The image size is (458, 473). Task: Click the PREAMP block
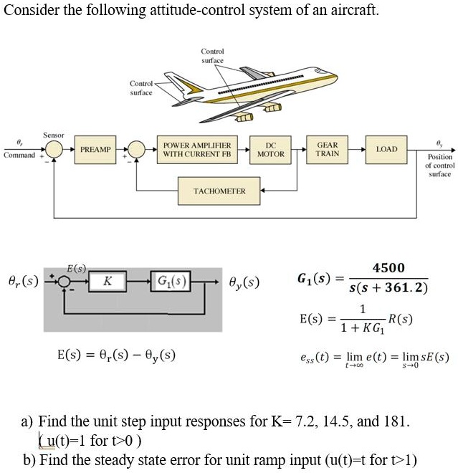click(x=95, y=149)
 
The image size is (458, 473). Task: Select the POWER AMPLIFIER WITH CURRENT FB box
click(x=196, y=149)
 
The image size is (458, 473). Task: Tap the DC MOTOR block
click(x=270, y=149)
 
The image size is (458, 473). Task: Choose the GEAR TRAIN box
click(x=327, y=149)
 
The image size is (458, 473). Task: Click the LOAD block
click(x=386, y=149)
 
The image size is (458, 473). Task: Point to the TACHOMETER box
click(x=219, y=191)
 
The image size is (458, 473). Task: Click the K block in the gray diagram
click(x=107, y=282)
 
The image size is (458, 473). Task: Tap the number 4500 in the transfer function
click(x=388, y=268)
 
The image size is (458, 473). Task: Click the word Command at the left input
click(x=19, y=155)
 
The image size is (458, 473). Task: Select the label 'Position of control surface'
click(x=439, y=165)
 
